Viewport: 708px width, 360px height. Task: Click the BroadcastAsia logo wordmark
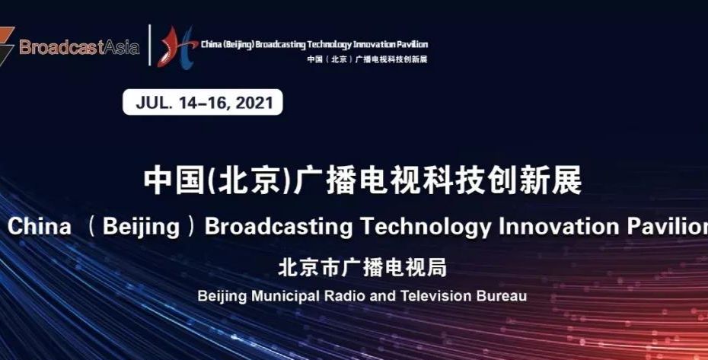coord(79,47)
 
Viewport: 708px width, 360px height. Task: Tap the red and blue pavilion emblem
coord(177,47)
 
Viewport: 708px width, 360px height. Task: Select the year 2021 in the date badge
coord(254,103)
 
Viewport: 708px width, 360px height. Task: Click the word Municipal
coord(285,296)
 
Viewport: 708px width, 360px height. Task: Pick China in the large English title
coord(40,226)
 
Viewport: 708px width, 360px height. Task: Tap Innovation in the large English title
coord(559,226)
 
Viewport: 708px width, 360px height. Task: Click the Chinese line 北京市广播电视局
coord(362,267)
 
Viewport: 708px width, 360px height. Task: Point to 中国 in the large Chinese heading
coord(174,180)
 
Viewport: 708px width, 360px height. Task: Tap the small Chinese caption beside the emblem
coord(367,59)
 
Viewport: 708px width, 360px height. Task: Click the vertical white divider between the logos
coord(149,45)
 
